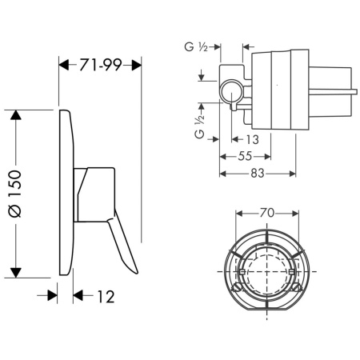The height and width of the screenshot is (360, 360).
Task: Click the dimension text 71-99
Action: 101,65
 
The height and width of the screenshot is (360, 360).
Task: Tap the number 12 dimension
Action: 104,296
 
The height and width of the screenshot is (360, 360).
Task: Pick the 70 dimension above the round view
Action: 267,214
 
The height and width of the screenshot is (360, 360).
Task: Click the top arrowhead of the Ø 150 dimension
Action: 14,112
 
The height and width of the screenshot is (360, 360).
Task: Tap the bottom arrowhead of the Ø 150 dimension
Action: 14,271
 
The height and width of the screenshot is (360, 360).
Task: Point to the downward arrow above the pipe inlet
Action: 203,78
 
